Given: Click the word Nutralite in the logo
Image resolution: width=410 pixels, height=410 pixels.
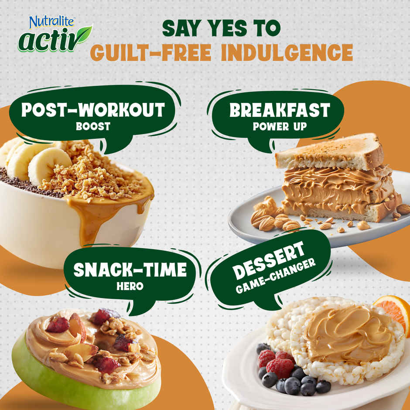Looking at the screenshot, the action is (x=51, y=22).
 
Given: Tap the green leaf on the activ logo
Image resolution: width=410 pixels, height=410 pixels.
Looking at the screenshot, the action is (x=83, y=34).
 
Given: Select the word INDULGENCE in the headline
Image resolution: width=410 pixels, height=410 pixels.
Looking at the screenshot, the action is (x=287, y=52).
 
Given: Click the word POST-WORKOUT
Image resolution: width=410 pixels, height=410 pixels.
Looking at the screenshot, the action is (x=93, y=109).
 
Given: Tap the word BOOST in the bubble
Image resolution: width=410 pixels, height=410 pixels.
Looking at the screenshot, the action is (x=93, y=126).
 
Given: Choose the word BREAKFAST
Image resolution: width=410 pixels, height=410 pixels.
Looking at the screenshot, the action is (x=280, y=110).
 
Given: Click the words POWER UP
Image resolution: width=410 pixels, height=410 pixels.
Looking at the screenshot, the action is (x=280, y=126).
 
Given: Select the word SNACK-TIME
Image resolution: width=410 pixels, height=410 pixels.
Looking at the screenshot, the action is (x=130, y=270).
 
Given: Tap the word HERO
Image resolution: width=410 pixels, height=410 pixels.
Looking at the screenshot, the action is (x=130, y=286).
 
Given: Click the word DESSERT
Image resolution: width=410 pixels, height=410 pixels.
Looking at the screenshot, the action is (x=269, y=260).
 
